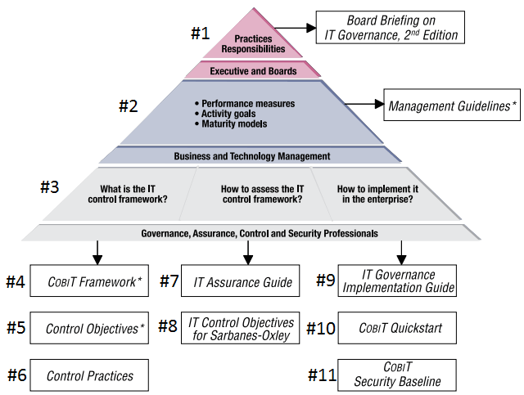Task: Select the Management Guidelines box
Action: pyautogui.click(x=452, y=105)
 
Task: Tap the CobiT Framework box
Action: pyautogui.click(x=89, y=281)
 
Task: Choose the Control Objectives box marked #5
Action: pyautogui.click(x=89, y=329)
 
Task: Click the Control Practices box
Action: pyautogui.click(x=89, y=375)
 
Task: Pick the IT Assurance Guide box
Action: pyautogui.click(x=242, y=282)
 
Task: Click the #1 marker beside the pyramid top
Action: pyautogui.click(x=201, y=34)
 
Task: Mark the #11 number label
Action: pyautogui.click(x=323, y=375)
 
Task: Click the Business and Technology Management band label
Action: pyautogui.click(x=251, y=155)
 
